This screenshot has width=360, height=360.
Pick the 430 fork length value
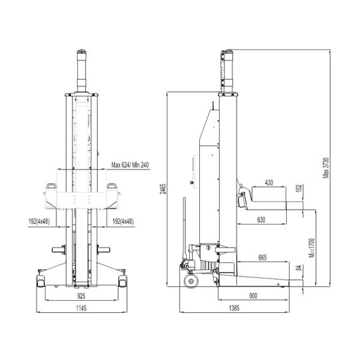(x=269, y=182)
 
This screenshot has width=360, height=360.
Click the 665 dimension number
(x=261, y=256)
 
